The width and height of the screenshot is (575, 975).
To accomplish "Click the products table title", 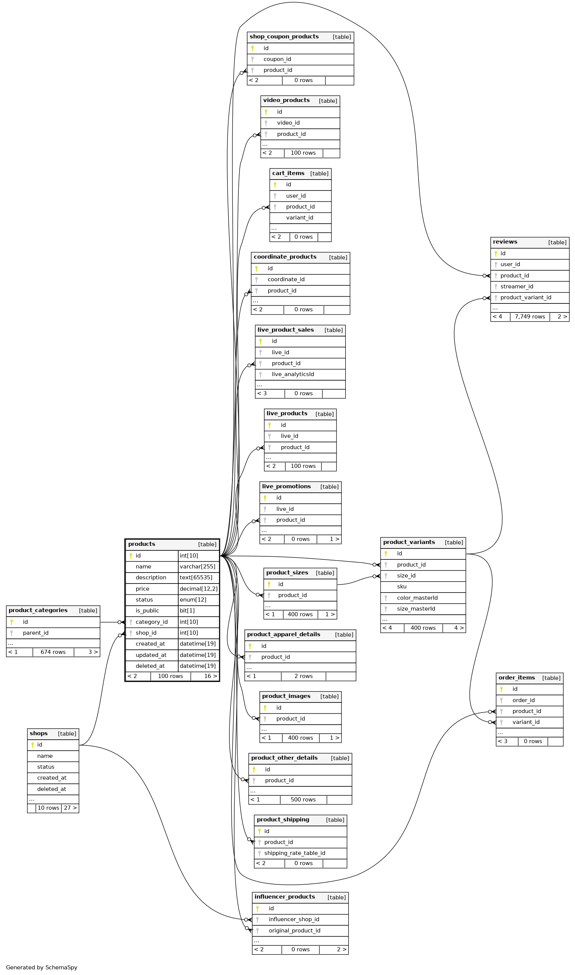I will [x=142, y=544].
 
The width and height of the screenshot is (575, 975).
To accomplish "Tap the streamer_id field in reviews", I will [x=516, y=286].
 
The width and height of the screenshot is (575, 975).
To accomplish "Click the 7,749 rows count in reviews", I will [x=529, y=317].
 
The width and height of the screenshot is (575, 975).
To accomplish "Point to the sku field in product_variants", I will [x=402, y=587].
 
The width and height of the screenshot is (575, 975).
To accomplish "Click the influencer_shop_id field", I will [x=294, y=920].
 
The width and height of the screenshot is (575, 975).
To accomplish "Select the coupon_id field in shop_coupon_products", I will [x=277, y=59].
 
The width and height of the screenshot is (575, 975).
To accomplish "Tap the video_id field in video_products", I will [x=288, y=123].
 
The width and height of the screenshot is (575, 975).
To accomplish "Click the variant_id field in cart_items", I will [x=299, y=218].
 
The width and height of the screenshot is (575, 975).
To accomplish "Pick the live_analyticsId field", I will [x=293, y=375].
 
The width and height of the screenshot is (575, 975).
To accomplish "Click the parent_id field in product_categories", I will [x=36, y=633].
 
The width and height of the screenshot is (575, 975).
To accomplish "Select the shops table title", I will [x=39, y=733].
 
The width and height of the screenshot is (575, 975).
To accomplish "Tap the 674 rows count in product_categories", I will [x=53, y=652].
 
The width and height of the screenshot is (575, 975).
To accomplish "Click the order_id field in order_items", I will [x=523, y=701].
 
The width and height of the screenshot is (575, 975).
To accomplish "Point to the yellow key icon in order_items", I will [x=501, y=689].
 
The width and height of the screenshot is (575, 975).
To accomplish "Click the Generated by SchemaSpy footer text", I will [x=41, y=967].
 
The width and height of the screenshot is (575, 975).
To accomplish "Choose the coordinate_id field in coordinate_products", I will [x=286, y=280].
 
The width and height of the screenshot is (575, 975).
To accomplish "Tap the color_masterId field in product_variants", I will [x=417, y=598].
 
